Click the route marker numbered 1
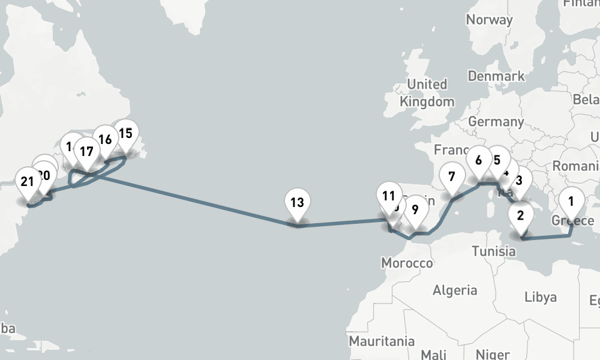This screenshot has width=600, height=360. click(571, 202)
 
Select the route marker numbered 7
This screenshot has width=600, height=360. click(451, 177)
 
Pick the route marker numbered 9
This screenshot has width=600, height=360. click(415, 210)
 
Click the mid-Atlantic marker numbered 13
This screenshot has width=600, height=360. click(297, 203)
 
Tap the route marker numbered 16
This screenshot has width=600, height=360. click(105, 140)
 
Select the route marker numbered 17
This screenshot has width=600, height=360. click(86, 152)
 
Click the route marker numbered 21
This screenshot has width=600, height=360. click(27, 182)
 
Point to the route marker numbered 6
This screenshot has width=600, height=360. click(479, 161)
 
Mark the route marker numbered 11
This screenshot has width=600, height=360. click(389, 196)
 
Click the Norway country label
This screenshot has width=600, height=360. click(490, 20)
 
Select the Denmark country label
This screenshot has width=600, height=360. click(496, 76)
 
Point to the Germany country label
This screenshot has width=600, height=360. click(496, 122)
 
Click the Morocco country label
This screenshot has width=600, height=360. click(407, 263)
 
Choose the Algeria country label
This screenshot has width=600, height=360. click(455, 291)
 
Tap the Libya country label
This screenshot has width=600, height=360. click(540, 297)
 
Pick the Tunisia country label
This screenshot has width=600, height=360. click(494, 251)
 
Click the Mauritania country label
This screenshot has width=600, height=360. click(382, 341)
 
